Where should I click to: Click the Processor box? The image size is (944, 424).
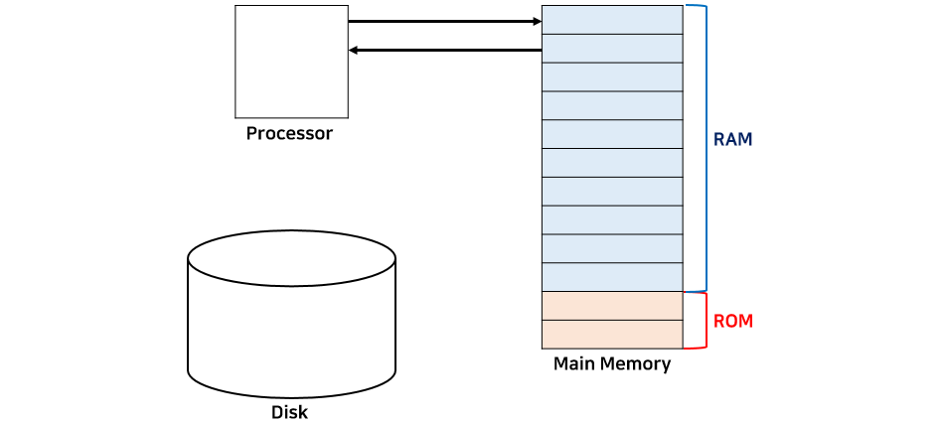pyautogui.click(x=291, y=61)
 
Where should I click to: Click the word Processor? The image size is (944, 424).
pyautogui.click(x=289, y=133)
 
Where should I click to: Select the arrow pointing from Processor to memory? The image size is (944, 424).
pyautogui.click(x=443, y=20)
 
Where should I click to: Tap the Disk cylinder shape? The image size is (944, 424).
pyautogui.click(x=292, y=328)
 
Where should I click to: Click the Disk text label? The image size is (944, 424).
pyautogui.click(x=289, y=412)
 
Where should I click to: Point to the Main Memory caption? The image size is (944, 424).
pyautogui.click(x=612, y=363)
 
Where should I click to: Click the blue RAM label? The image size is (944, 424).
pyautogui.click(x=733, y=140)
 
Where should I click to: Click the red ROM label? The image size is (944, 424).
pyautogui.click(x=733, y=321)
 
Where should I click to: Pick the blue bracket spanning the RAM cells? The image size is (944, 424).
pyautogui.click(x=704, y=148)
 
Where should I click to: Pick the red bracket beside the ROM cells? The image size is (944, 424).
pyautogui.click(x=704, y=320)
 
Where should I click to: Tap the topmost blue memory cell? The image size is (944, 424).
pyautogui.click(x=612, y=20)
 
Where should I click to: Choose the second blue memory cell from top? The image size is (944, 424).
pyautogui.click(x=612, y=49)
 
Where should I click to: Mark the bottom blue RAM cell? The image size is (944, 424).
pyautogui.click(x=612, y=277)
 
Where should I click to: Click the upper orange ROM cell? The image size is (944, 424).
pyautogui.click(x=612, y=306)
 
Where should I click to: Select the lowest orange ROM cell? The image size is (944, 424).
pyautogui.click(x=612, y=335)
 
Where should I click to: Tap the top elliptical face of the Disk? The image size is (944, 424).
pyautogui.click(x=292, y=260)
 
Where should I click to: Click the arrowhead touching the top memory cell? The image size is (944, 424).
pyautogui.click(x=535, y=20)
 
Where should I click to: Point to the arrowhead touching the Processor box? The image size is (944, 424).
pyautogui.click(x=355, y=50)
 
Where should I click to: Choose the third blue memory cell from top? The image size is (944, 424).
pyautogui.click(x=612, y=77)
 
